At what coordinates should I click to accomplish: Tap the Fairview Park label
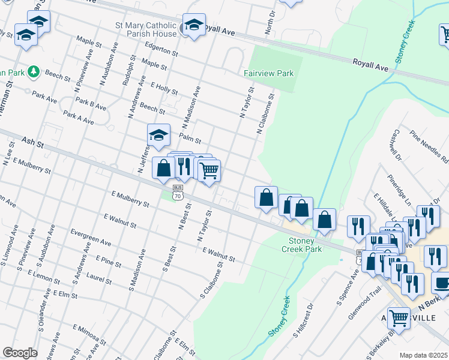(268, 73)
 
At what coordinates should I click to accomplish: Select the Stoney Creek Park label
(302, 245)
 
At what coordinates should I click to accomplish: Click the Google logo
(19, 353)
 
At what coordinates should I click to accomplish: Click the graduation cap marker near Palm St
(158, 136)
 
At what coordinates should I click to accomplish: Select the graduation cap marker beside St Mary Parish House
(193, 25)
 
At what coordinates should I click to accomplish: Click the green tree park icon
(34, 72)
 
